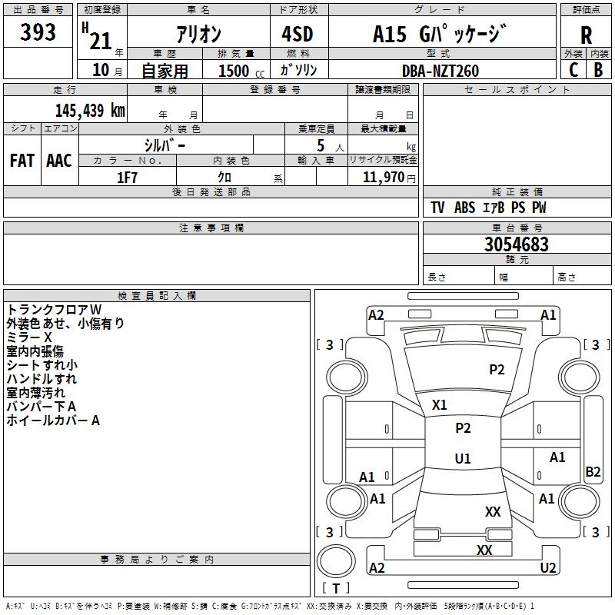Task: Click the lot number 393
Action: (38, 32)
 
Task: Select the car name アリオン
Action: (199, 34)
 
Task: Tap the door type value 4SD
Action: (298, 34)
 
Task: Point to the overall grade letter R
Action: (586, 35)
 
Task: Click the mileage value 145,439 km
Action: (90, 110)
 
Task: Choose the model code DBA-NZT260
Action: (440, 71)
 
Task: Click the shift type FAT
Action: (22, 161)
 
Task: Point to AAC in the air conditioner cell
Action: (59, 161)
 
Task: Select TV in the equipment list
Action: (437, 208)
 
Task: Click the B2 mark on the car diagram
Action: (593, 472)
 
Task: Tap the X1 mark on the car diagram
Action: (440, 404)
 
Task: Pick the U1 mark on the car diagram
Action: (462, 459)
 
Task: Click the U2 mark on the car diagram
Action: (548, 568)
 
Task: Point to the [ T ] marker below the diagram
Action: (336, 588)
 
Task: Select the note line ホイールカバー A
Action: (53, 421)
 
